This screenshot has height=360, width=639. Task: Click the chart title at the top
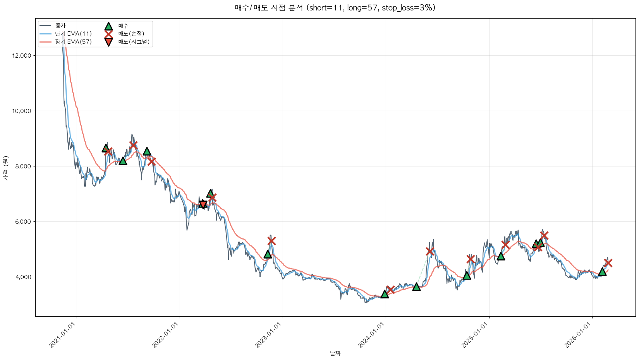335,8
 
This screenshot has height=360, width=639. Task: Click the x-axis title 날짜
335,353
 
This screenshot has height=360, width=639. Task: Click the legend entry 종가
60,26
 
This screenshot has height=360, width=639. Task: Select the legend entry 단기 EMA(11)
73,34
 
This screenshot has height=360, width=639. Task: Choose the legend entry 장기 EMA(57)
73,42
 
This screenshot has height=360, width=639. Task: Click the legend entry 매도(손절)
131,34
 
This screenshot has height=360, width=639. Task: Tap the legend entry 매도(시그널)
134,42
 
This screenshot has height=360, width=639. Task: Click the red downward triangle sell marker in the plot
203,204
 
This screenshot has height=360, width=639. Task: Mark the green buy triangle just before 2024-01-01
385,294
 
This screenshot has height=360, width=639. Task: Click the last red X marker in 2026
608,263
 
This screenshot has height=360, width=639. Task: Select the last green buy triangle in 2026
602,271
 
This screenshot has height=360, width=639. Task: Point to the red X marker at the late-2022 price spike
271,241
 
